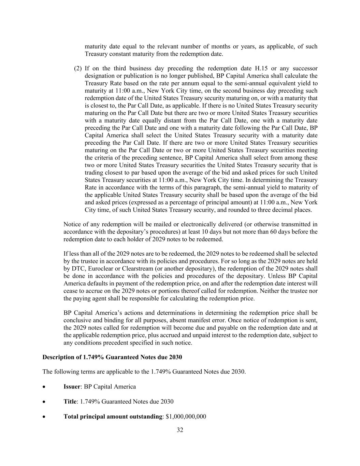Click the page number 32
point(180,430)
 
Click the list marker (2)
point(78,68)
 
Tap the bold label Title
point(70,401)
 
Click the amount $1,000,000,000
point(186,416)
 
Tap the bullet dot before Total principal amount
point(44,417)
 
